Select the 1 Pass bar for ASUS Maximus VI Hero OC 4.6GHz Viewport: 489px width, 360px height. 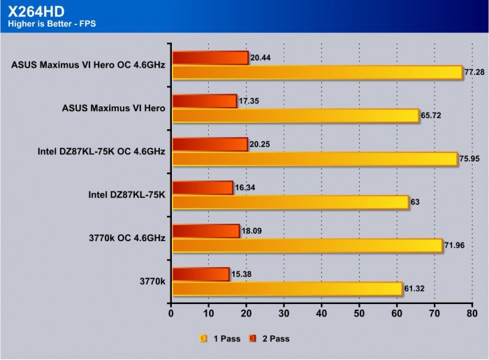[x=317, y=72]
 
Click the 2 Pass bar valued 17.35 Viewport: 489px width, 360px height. [x=204, y=101]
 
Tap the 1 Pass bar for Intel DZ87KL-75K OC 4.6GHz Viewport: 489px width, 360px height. [x=314, y=159]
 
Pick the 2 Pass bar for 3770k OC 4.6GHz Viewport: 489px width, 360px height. [x=205, y=231]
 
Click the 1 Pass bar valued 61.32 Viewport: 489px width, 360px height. [x=286, y=289]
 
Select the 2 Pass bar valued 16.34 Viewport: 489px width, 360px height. [x=202, y=188]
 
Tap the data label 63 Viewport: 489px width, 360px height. [x=415, y=202]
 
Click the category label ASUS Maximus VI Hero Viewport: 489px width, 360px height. [x=114, y=108]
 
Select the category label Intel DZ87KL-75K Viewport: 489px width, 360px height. [x=127, y=195]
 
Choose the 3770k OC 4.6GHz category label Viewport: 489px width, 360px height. [x=126, y=238]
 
